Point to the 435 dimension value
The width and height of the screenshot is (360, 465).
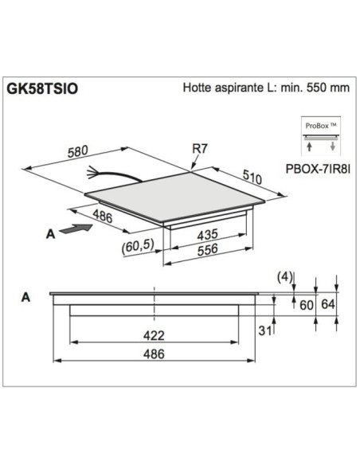[205, 236]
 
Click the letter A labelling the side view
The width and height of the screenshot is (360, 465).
[26, 297]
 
